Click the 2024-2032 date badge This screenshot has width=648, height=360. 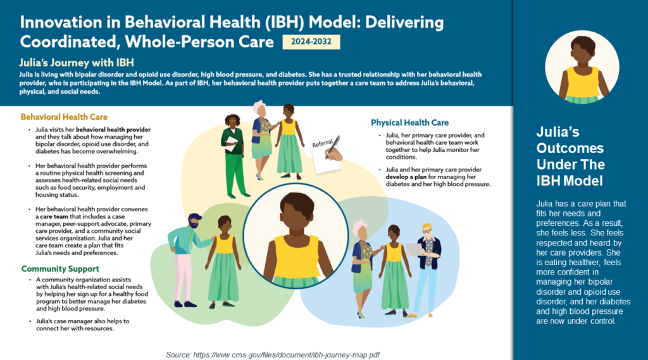[311, 42]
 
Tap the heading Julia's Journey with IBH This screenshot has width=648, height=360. [77, 63]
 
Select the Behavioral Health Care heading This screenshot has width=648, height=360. [64, 117]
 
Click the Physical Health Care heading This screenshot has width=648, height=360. [409, 123]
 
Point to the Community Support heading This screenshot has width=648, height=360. [60, 269]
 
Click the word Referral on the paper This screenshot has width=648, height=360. [322, 143]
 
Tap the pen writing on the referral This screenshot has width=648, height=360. [333, 146]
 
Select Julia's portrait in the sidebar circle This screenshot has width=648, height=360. [582, 67]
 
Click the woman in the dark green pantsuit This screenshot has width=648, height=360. [234, 156]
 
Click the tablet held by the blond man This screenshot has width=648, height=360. [414, 249]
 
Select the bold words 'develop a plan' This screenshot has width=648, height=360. [400, 177]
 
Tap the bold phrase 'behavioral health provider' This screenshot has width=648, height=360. [113, 130]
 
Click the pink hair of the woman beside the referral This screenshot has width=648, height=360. [259, 107]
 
